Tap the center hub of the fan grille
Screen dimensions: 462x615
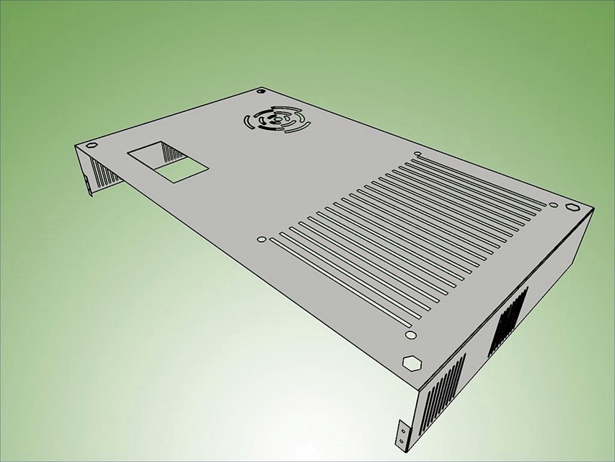pyautogui.click(x=277, y=121)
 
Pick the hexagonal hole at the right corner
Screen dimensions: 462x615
pyautogui.click(x=572, y=206)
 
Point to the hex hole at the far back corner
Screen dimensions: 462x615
pyautogui.click(x=261, y=92)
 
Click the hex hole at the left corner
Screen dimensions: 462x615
pyautogui.click(x=91, y=146)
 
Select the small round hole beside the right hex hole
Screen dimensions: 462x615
pyautogui.click(x=554, y=204)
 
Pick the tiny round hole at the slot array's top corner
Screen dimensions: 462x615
pyautogui.click(x=418, y=153)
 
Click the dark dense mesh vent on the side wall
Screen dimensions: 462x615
pyautogui.click(x=508, y=321)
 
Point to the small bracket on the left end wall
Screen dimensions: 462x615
pyautogui.click(x=88, y=185)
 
